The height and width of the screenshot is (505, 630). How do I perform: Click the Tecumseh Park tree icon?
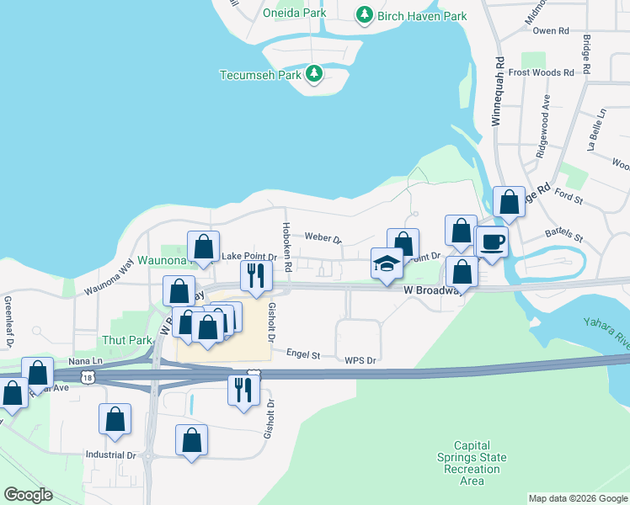[314, 74]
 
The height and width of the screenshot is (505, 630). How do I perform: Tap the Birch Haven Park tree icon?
[364, 15]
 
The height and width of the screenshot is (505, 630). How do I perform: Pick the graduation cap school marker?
[387, 263]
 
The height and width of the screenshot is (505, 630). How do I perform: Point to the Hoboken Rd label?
[287, 251]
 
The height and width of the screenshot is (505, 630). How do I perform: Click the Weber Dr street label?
[323, 238]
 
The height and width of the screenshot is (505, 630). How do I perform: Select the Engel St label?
[303, 355]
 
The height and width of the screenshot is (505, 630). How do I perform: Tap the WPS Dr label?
[359, 359]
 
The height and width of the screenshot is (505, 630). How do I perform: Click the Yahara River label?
[606, 333]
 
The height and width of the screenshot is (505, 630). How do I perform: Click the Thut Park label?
[126, 340]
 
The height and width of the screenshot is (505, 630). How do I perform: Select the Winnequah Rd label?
[498, 93]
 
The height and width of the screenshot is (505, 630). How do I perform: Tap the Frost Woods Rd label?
[541, 72]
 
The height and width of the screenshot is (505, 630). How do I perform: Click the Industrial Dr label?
[110, 454]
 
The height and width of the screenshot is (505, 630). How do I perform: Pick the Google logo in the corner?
[28, 495]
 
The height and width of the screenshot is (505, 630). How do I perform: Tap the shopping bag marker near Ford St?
[508, 202]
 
